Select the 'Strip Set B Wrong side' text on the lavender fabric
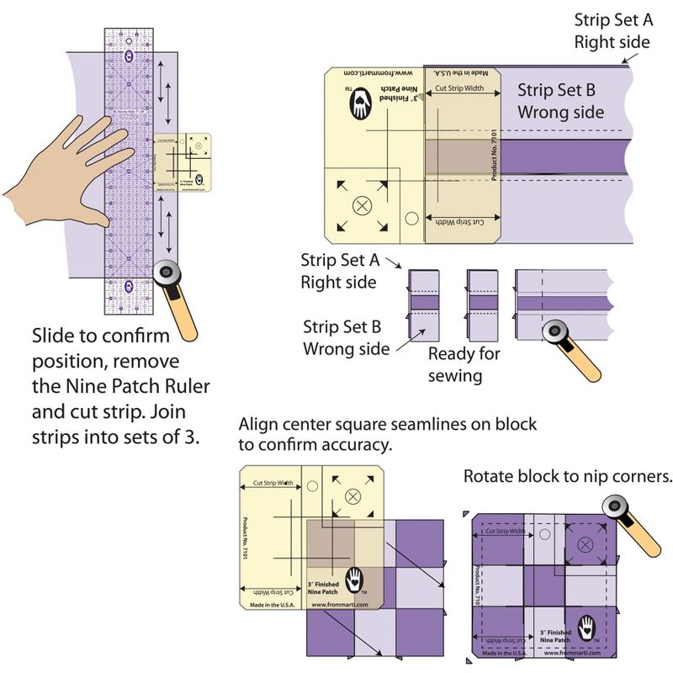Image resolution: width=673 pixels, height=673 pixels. point(560,100)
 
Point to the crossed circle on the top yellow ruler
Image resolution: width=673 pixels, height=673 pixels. point(362,204)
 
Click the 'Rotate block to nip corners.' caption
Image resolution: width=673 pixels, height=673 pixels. point(568,477)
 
